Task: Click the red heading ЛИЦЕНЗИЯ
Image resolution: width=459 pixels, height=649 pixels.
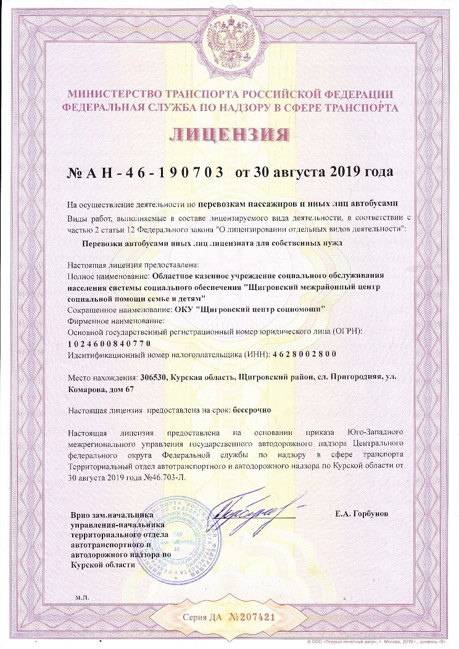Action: [229, 134]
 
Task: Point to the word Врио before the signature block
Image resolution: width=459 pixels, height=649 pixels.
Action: [81, 513]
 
